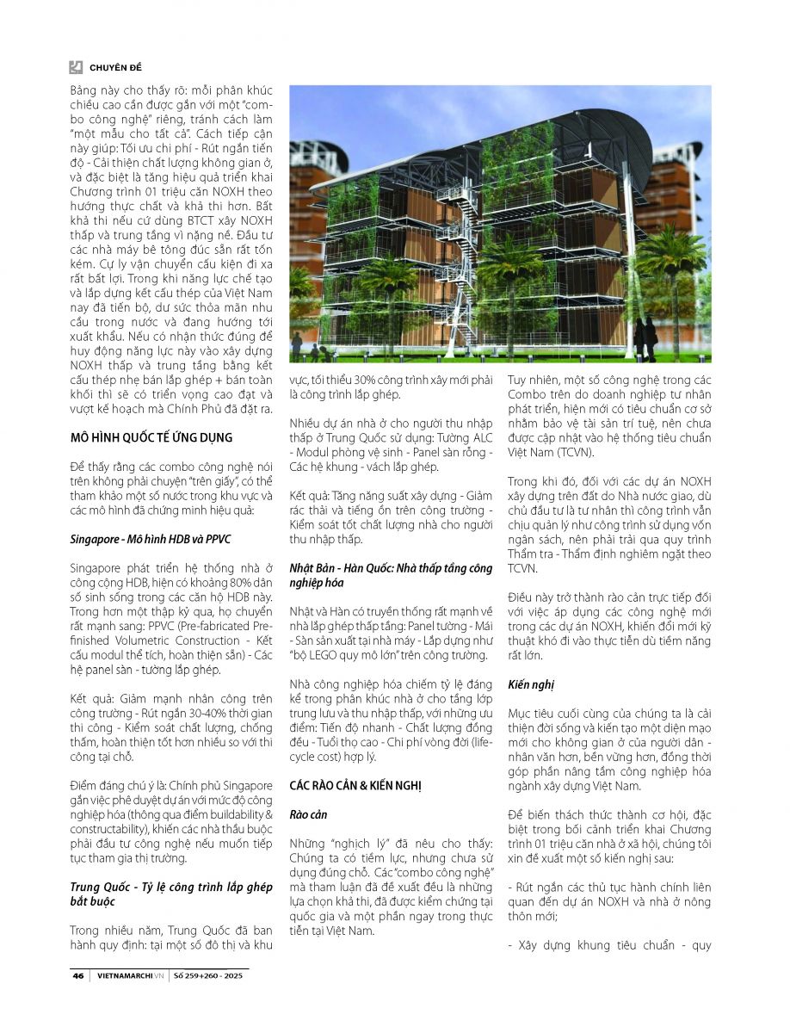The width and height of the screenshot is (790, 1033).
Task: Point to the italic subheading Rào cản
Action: coord(306,813)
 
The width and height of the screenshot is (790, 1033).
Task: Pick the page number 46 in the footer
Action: coord(77,976)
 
